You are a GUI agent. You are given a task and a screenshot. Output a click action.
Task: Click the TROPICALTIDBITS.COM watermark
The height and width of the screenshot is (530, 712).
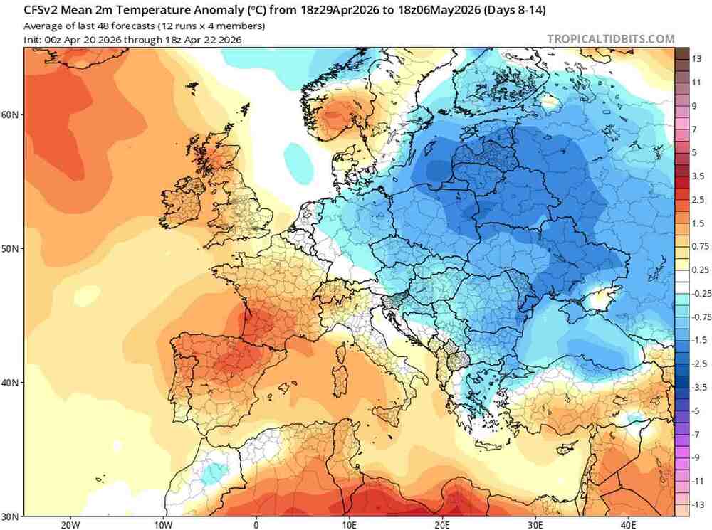pyautogui.click(x=610, y=39)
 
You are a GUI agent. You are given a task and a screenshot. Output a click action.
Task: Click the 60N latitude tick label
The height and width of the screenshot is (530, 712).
pyautogui.click(x=13, y=114)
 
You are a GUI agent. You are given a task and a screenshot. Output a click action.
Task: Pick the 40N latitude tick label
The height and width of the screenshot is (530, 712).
pyautogui.click(x=13, y=382)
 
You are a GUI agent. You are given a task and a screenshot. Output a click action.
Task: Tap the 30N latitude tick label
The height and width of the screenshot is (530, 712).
pyautogui.click(x=13, y=515)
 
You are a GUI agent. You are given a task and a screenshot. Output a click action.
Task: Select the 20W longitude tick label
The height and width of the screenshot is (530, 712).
pyautogui.click(x=69, y=525)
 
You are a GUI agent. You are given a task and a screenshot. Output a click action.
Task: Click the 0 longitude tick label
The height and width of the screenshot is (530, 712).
pyautogui.click(x=256, y=525)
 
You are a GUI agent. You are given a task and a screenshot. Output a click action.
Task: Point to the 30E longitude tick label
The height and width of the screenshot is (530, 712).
pyautogui.click(x=535, y=525)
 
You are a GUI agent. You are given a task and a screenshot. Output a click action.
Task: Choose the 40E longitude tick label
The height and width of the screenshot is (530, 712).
pyautogui.click(x=628, y=525)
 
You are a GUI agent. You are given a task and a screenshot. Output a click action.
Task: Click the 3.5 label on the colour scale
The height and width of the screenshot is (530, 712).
pyautogui.click(x=698, y=176)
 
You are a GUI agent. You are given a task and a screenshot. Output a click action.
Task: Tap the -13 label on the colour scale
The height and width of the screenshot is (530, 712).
pyautogui.click(x=698, y=504)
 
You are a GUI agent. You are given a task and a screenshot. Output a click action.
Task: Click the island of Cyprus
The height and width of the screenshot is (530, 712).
pyautogui.click(x=566, y=448)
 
